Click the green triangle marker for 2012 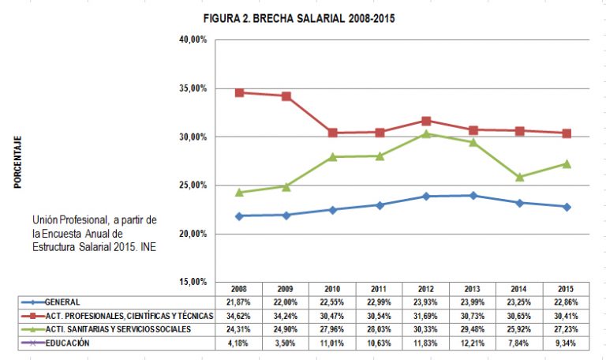coord(426,133)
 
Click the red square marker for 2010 coord(333,133)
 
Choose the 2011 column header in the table coord(380,288)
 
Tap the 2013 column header coord(473,288)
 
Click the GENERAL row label coord(63,302)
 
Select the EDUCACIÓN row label coord(67,343)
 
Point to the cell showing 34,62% coord(240,316)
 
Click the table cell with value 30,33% coord(426,329)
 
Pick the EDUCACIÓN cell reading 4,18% coord(240,343)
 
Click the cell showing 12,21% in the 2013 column coord(473,343)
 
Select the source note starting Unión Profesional coord(95,234)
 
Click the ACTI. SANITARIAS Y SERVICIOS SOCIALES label coord(118,329)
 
